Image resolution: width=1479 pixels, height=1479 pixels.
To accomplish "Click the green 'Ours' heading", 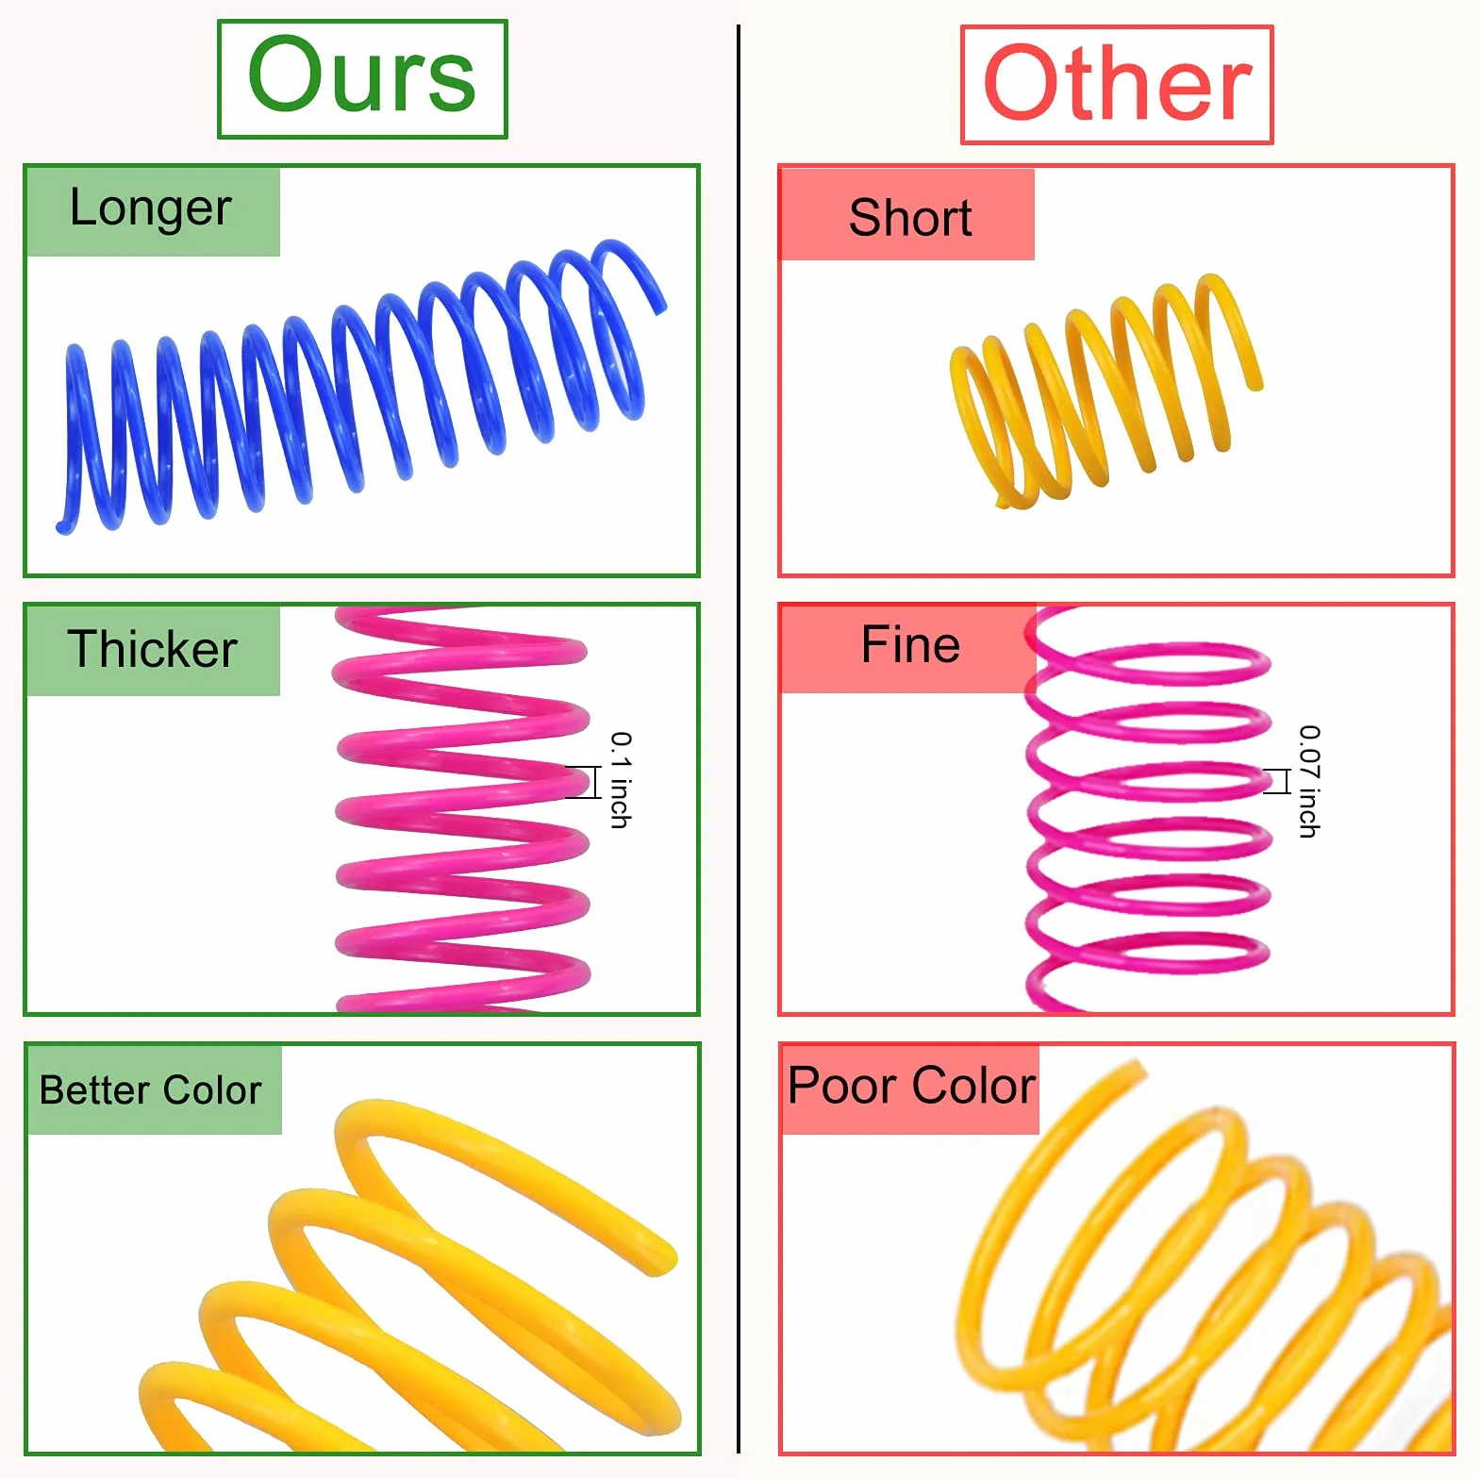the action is click(362, 75).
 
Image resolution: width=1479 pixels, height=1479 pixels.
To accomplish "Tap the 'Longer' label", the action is click(151, 209).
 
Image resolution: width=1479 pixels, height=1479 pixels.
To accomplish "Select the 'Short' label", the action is click(910, 218).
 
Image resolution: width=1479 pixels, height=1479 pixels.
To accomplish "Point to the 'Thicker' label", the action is click(152, 649).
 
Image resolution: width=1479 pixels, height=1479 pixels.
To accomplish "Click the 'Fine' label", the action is click(910, 645).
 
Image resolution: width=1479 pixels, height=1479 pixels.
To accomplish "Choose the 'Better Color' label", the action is click(151, 1090).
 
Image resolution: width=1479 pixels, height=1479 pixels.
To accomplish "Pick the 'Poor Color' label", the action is click(911, 1086).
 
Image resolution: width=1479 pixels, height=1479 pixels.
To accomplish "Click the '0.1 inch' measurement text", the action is click(620, 780).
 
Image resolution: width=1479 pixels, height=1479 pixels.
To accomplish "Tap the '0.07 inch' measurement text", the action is click(1309, 781).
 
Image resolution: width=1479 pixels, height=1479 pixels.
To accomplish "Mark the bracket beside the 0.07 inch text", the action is click(1278, 781).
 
